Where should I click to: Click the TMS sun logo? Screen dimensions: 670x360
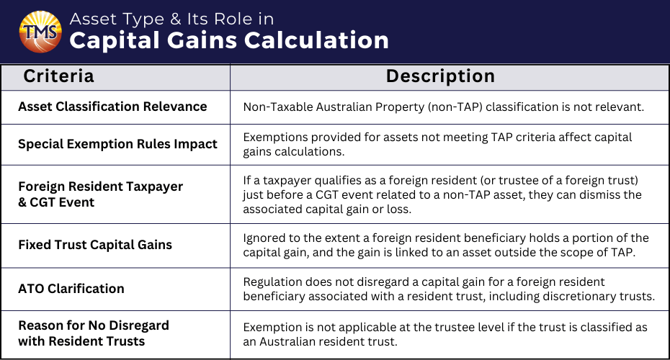(40, 32)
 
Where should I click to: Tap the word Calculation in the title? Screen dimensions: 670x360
(316, 40)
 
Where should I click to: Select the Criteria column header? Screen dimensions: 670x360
(58, 76)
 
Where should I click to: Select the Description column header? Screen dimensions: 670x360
(440, 76)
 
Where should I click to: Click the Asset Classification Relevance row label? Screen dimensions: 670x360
(112, 107)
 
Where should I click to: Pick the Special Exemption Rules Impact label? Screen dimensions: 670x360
(117, 144)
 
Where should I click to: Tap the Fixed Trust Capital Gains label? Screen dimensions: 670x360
(95, 245)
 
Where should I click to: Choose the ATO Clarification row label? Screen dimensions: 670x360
(71, 289)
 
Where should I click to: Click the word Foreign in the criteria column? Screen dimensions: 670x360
(42, 186)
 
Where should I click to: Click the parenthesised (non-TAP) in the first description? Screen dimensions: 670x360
(455, 107)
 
